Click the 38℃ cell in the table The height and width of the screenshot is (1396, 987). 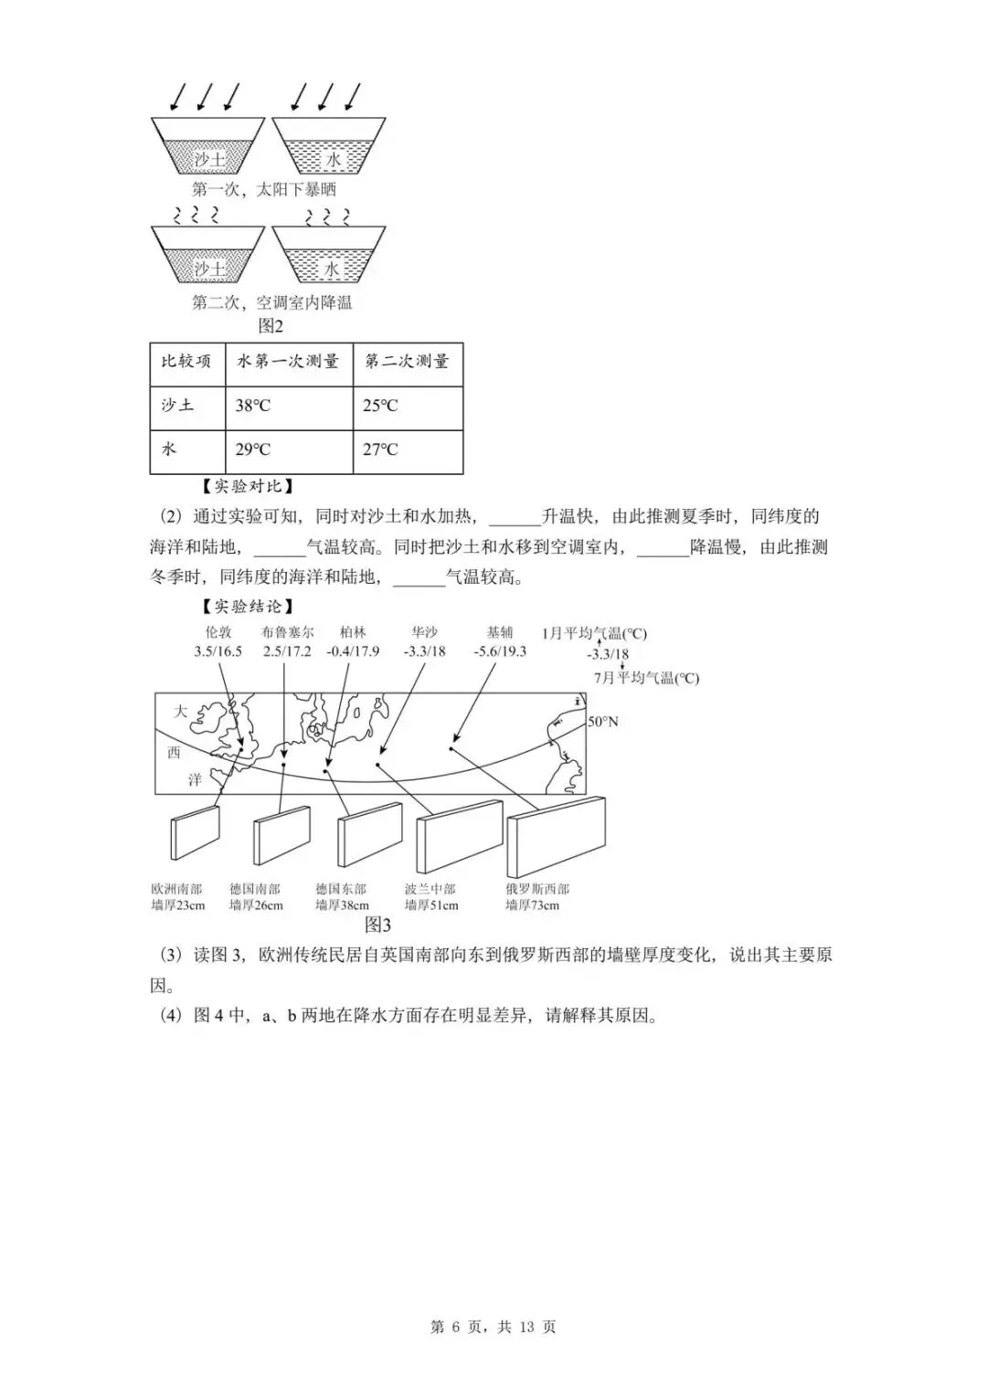[253, 406]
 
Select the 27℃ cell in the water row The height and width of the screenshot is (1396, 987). [380, 449]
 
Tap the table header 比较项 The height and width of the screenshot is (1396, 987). [186, 362]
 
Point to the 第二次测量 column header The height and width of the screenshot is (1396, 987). [407, 362]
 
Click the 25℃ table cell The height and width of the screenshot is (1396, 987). [380, 406]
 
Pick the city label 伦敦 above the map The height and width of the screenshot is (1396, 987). [218, 632]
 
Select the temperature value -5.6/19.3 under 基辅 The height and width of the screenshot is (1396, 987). [500, 651]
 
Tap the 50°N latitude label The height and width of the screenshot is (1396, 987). [602, 722]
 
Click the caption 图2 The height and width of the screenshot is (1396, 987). [271, 326]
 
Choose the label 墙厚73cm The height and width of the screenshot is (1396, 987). [532, 905]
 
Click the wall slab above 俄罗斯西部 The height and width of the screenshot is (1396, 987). [556, 836]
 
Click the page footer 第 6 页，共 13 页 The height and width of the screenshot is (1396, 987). [493, 1327]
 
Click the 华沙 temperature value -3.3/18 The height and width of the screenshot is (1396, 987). [424, 651]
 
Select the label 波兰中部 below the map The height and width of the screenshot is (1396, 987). [430, 889]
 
